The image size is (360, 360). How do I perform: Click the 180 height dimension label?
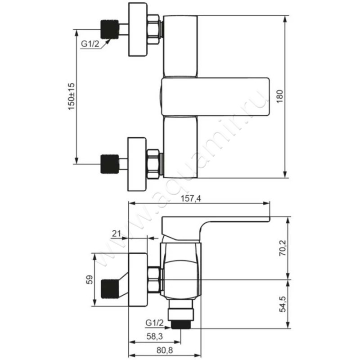pyautogui.click(x=280, y=96)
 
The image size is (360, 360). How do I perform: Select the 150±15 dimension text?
pyautogui.click(x=72, y=96)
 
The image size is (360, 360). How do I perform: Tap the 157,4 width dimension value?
pyautogui.click(x=191, y=198)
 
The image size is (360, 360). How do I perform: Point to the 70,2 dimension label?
pyautogui.click(x=283, y=248)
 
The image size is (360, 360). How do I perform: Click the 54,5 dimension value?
pyautogui.click(x=283, y=304)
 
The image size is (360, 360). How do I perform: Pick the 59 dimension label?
pyautogui.click(x=90, y=279)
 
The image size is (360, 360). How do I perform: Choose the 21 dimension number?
pyautogui.click(x=117, y=234)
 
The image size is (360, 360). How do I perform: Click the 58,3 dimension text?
pyautogui.click(x=155, y=336)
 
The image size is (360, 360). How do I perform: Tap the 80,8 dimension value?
pyautogui.click(x=165, y=351)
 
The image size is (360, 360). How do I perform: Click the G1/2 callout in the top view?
pyautogui.click(x=90, y=44)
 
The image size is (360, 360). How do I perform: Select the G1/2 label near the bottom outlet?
pyautogui.click(x=154, y=323)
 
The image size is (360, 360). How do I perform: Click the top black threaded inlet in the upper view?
pyautogui.click(x=110, y=29)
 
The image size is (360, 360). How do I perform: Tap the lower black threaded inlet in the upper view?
pyautogui.click(x=110, y=164)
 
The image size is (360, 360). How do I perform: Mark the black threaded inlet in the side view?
pyautogui.click(x=110, y=288)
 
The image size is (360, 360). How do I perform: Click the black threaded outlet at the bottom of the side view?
pyautogui.click(x=180, y=324)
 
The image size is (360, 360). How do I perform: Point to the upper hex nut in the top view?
pyautogui.click(x=153, y=29)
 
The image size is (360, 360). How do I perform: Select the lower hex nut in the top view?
pyautogui.click(x=153, y=164)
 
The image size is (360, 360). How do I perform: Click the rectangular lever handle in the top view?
pyautogui.click(x=215, y=97)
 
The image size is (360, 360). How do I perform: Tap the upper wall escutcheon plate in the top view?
pyautogui.click(x=137, y=29)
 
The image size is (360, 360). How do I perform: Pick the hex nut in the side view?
pyautogui.click(x=154, y=280)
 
